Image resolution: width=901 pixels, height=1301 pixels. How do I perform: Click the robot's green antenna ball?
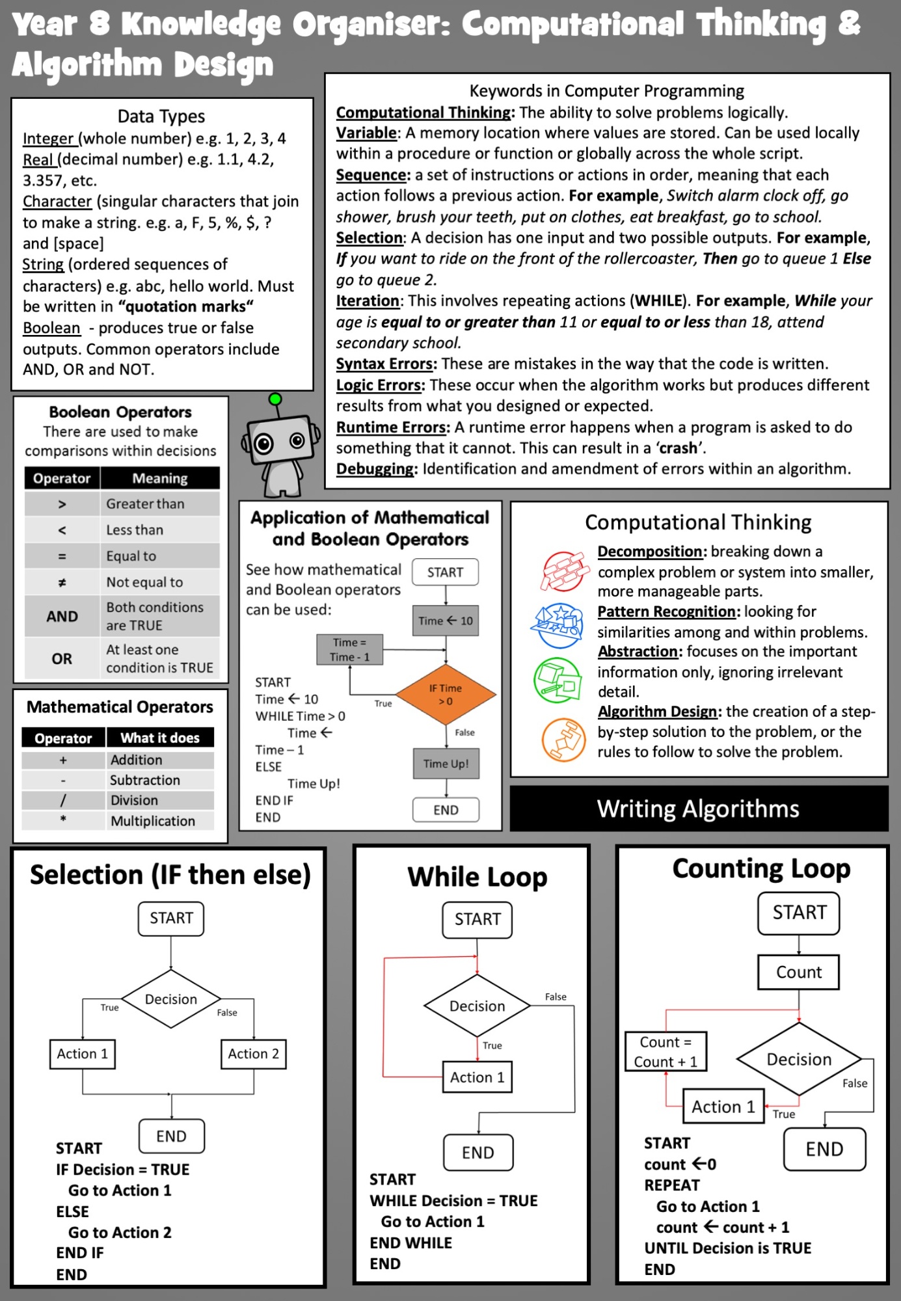coord(275,398)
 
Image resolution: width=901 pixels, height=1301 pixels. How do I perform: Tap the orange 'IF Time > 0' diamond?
coord(446,694)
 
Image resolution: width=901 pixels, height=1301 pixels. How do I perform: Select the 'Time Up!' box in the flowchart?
coord(446,764)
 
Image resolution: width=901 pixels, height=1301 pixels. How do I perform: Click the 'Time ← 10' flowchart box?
coord(446,621)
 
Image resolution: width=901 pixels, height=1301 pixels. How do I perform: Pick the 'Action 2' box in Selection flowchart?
coord(254,1054)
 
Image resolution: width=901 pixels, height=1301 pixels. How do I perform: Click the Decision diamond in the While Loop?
coord(477,1006)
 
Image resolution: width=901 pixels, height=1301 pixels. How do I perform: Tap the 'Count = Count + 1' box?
coord(666,1052)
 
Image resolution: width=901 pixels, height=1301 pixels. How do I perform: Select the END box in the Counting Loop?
coord(825,1149)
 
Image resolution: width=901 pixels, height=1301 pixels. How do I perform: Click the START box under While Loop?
coord(477,920)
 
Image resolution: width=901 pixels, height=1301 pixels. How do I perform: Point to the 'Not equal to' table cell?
coord(160,582)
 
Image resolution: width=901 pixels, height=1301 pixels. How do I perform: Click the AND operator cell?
coord(62,616)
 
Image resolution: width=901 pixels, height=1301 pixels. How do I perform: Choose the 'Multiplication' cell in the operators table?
coord(160,821)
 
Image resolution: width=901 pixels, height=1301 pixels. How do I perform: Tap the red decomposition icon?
coord(563,570)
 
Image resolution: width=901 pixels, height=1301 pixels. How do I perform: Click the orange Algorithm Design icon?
coord(564,740)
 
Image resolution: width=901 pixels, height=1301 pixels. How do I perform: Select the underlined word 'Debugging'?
coord(376,469)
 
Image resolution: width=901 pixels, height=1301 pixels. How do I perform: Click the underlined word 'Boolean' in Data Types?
coord(51,328)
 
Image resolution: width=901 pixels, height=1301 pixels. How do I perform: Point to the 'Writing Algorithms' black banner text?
coord(698,809)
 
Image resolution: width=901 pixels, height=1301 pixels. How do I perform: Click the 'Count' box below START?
coord(799,972)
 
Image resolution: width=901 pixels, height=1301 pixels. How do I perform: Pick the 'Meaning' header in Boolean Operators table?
coord(160,478)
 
